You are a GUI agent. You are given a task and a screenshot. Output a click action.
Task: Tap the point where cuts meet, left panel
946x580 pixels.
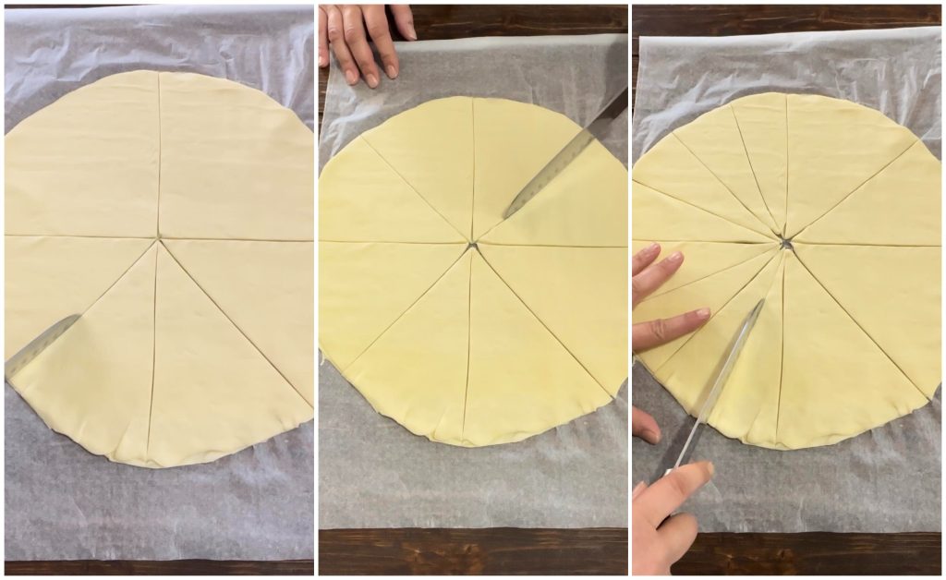[159, 237]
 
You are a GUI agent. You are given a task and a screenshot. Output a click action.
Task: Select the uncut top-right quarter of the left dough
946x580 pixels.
[236, 157]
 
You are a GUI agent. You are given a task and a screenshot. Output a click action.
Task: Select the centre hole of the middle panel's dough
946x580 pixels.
[472, 246]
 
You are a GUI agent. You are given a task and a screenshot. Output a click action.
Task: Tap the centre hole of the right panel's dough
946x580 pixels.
[785, 244]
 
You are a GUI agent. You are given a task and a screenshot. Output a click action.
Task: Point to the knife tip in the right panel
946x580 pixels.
[761, 301]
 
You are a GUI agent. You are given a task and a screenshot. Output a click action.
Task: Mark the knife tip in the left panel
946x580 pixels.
[79, 317]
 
